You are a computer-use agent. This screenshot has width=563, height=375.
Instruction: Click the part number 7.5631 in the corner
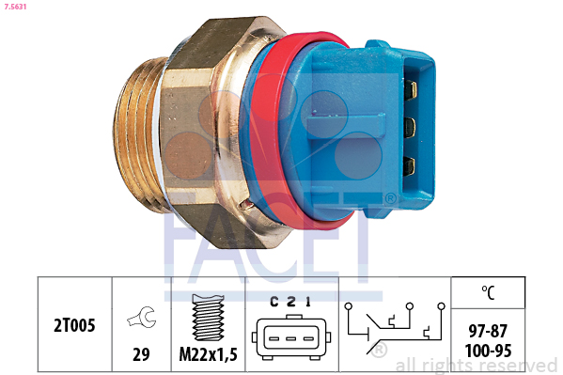[15, 7]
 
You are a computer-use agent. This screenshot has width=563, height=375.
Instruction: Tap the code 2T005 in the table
[74, 325]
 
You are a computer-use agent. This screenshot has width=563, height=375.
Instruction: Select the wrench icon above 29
[142, 317]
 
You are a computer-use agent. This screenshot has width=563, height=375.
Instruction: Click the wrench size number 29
[141, 354]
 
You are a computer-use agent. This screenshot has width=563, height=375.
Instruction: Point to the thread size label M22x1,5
[209, 354]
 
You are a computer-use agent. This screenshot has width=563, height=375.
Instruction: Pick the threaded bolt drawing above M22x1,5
[209, 317]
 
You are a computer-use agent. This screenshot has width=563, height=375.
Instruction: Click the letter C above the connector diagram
[274, 302]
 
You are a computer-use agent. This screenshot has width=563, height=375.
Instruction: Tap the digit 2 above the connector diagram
[291, 302]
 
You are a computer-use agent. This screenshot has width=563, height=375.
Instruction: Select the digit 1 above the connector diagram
[307, 302]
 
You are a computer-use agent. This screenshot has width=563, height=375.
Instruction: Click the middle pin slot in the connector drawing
[291, 338]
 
